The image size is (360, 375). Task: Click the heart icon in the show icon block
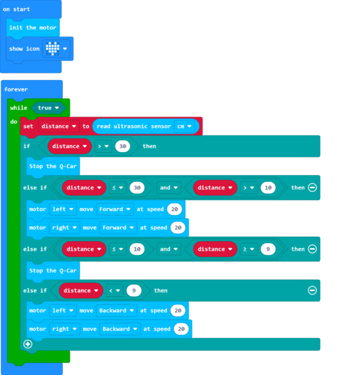[52, 49]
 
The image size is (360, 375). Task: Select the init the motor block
[32, 27]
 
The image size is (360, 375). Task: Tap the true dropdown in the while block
[47, 108]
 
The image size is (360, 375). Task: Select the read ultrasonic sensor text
[134, 126]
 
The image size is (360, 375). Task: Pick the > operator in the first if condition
[102, 146]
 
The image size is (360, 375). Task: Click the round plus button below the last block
[27, 344]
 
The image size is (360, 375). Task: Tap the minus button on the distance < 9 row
[312, 291]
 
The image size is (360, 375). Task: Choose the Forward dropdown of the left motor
[116, 209]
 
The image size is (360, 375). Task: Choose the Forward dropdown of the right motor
[118, 227]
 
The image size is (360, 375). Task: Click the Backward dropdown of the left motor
[117, 311]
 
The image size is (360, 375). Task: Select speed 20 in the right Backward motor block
[181, 329]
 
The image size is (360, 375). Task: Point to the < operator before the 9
[114, 291]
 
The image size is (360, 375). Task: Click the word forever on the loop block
[16, 89]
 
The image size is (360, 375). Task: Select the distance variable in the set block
[58, 126]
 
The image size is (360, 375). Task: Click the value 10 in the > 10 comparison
[267, 187]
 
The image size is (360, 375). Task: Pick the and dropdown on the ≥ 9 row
[168, 249]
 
